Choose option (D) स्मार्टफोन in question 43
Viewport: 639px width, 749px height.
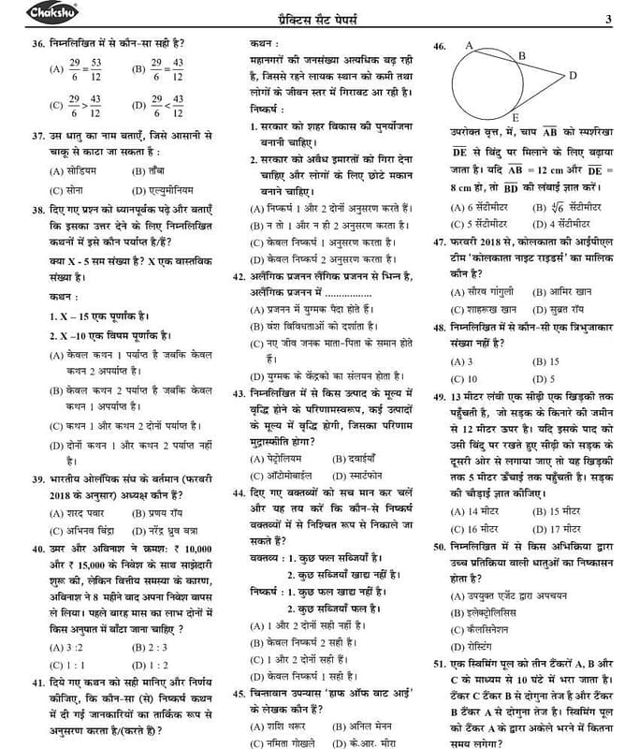(x=356, y=476)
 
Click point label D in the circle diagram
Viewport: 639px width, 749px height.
(x=572, y=75)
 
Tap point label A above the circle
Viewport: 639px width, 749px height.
(x=468, y=43)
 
